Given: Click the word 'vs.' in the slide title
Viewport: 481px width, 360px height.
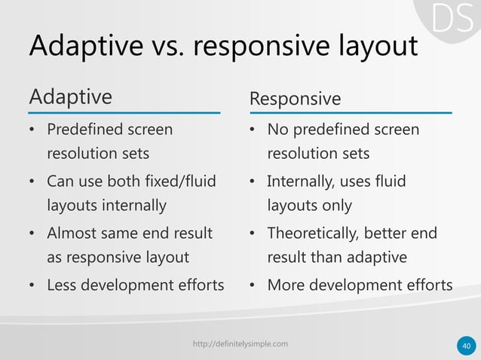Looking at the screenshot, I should point(160,47).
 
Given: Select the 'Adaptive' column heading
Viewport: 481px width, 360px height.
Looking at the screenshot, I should point(70,97).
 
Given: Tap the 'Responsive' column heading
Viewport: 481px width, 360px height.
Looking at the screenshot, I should point(295,99).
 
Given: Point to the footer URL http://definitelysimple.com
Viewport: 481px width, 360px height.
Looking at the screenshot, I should point(240,344).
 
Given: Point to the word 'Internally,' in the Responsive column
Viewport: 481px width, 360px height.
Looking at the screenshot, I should point(302,182).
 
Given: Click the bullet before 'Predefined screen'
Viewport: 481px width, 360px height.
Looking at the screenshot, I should point(32,130).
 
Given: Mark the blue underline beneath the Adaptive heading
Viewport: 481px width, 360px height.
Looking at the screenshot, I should point(124,113).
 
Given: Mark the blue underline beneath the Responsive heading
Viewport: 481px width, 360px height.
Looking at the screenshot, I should point(350,113).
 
